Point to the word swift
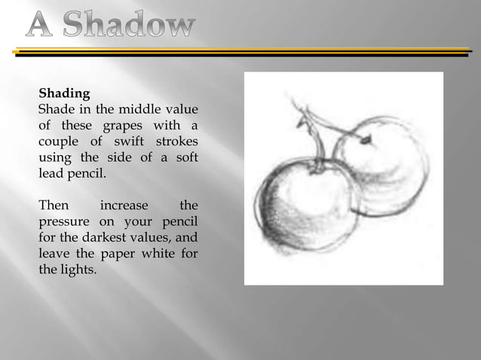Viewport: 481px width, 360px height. click(129, 142)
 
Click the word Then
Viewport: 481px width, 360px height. click(53, 205)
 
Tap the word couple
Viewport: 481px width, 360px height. click(60, 142)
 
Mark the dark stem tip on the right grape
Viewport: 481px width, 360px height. click(366, 140)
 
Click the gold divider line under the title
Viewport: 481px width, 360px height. click(241, 50)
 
